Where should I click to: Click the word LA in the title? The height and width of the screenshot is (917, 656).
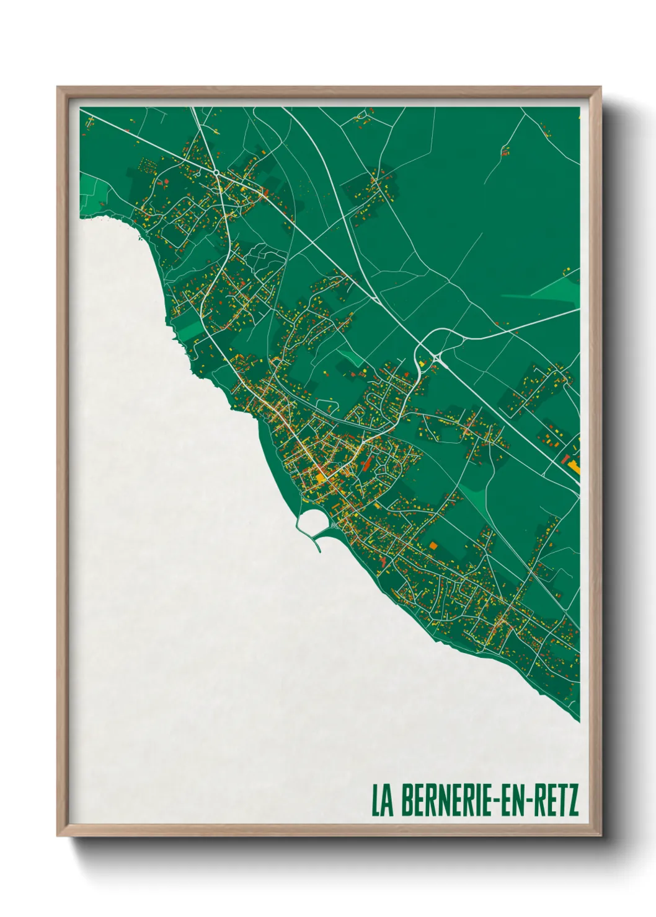[x=382, y=801]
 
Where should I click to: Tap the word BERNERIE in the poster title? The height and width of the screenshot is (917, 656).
[x=442, y=801]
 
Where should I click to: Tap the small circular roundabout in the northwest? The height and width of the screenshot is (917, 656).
[x=215, y=172]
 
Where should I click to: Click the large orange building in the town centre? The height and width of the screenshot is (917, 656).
[x=321, y=476]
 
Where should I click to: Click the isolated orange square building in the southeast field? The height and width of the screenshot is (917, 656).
[x=433, y=545]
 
